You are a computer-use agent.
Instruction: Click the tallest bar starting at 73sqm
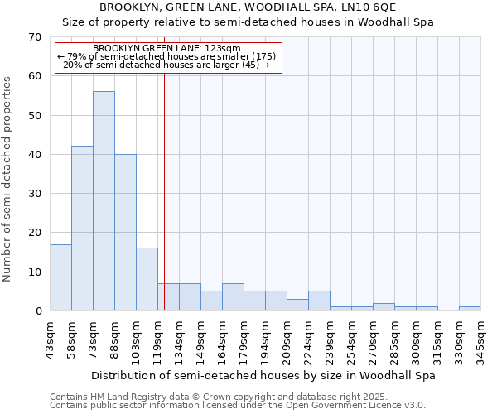[104, 201]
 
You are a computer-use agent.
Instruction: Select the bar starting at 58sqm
[82, 229]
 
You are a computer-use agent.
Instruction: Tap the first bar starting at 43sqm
[60, 277]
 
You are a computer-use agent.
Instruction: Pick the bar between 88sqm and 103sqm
[125, 233]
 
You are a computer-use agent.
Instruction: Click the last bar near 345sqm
[470, 308]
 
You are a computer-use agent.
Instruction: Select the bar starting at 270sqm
[384, 306]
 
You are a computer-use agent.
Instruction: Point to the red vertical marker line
[165, 190]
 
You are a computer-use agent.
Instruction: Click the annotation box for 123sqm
[168, 58]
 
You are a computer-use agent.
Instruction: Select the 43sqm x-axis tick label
[50, 339]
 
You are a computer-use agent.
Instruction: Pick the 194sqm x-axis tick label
[265, 339]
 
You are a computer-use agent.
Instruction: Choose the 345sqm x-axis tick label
[480, 339]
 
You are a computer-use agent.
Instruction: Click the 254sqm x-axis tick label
[351, 339]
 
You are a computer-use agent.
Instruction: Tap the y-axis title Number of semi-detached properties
[8, 179]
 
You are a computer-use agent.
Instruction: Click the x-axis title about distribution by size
[263, 375]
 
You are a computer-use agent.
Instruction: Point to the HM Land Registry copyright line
[213, 397]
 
